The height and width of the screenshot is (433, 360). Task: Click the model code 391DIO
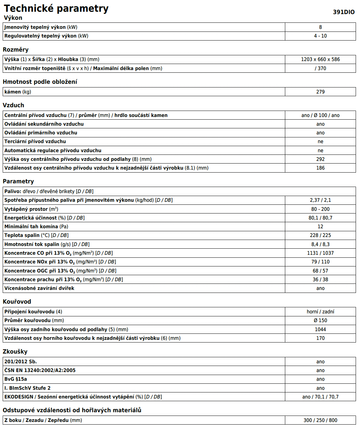[x=344, y=12]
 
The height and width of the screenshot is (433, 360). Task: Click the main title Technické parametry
[x=56, y=8]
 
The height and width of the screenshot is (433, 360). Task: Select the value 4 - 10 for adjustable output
[x=320, y=36]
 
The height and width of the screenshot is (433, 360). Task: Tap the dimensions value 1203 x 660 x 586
[x=320, y=59]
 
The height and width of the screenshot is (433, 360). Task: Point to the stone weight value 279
[x=320, y=92]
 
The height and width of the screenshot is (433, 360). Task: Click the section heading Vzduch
[x=13, y=105]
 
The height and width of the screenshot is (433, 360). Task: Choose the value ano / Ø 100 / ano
[x=320, y=115]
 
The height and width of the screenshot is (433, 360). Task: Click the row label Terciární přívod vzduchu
[x=35, y=141]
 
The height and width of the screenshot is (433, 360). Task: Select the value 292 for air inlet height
[x=320, y=159]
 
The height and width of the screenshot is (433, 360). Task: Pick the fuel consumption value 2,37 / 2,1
[x=320, y=200]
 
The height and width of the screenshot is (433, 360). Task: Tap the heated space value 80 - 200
[x=320, y=209]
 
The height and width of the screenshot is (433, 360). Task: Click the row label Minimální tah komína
[x=36, y=227]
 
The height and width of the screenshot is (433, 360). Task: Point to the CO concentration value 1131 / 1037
[x=320, y=253]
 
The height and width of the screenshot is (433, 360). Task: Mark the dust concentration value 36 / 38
[x=320, y=280]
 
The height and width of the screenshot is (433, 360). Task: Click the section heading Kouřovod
[x=17, y=302]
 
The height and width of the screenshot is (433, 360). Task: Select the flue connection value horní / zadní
[x=320, y=312]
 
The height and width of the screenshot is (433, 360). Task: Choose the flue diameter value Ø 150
[x=320, y=320]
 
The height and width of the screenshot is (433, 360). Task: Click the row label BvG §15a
[x=16, y=379]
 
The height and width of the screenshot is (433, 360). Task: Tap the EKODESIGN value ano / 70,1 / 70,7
[x=320, y=397]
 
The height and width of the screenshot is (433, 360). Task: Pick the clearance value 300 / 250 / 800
[x=320, y=420]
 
